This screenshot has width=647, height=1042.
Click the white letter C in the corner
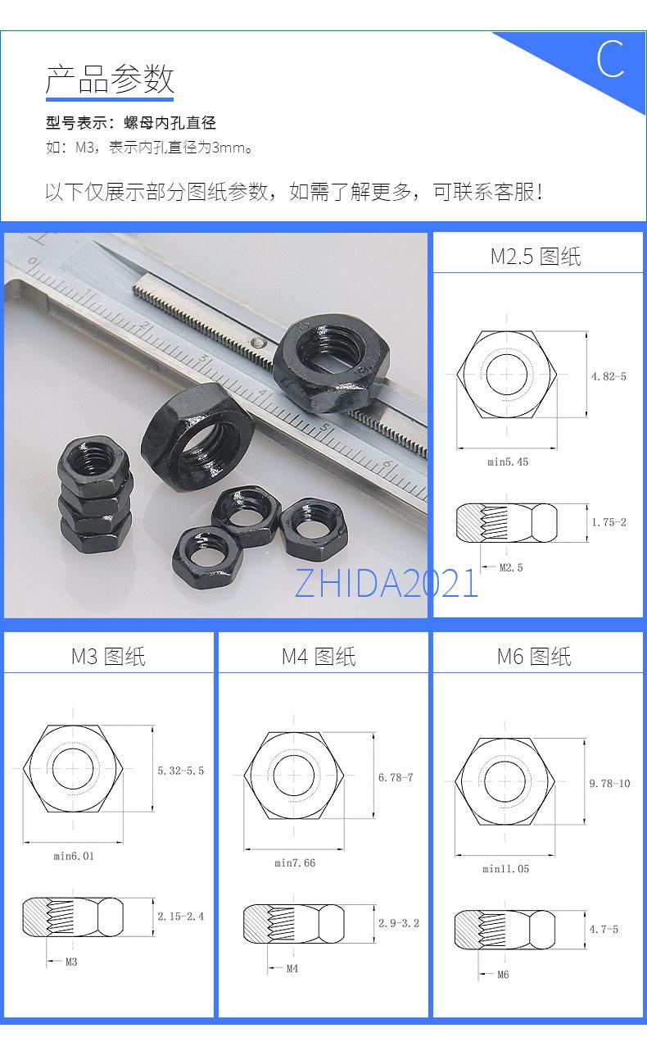coord(611,58)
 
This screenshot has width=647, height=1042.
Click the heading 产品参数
coord(110,79)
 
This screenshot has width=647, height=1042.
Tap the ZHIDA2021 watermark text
coord(387,584)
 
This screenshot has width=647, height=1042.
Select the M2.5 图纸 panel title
coord(536,257)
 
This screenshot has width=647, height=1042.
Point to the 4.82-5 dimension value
coord(609,376)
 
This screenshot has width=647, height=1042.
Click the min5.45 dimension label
coord(508,462)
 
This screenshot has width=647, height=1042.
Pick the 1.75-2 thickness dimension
coord(609,522)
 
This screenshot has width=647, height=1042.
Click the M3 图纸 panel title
coord(108,657)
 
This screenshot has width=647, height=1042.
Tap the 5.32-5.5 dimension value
coord(180,771)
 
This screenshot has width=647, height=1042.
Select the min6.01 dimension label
coord(74,856)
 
